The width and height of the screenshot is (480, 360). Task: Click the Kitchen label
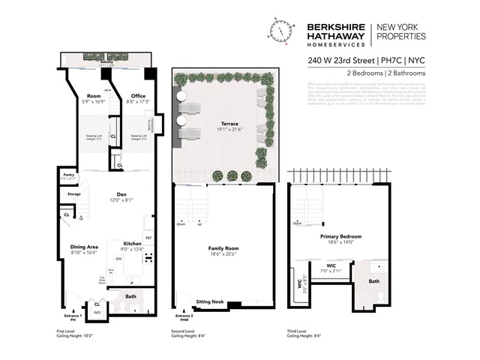132,244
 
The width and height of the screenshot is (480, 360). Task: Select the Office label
138,95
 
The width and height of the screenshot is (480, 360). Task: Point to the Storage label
73,194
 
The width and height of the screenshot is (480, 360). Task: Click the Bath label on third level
375,281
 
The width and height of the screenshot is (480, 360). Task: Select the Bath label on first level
130,296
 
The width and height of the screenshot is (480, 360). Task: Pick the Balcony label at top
104,64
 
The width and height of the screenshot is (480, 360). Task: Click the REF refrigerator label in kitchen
148,238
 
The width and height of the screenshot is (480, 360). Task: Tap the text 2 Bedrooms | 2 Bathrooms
386,73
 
